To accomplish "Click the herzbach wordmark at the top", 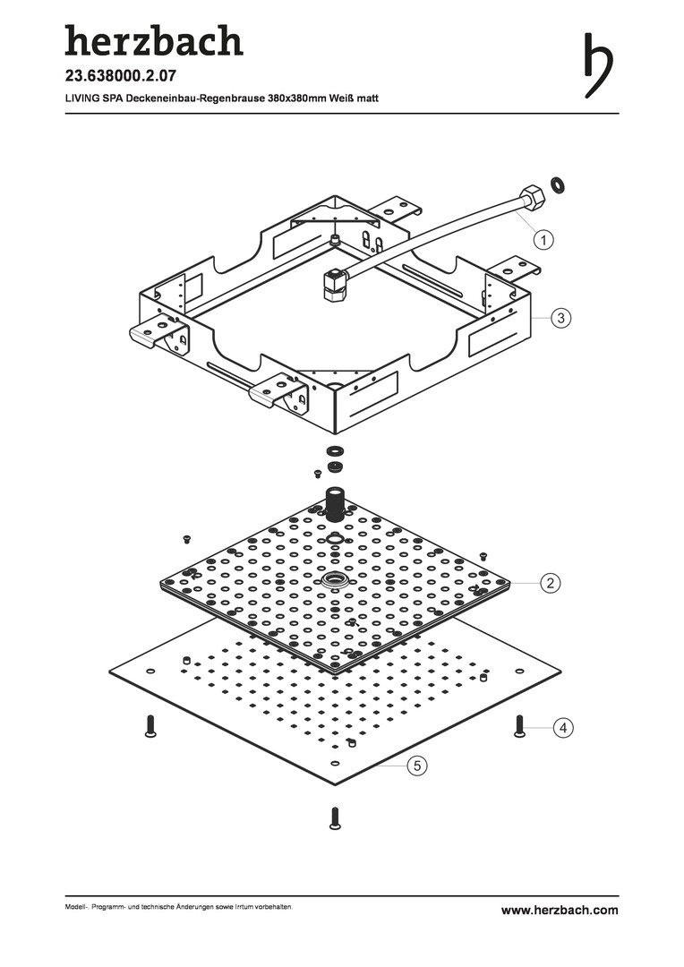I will coord(153,40).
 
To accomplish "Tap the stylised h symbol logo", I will coord(599,64).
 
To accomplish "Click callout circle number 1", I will coord(543,238).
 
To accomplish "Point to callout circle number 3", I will coord(560,317).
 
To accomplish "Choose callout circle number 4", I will coord(562,729).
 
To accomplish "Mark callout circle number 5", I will coord(415,765).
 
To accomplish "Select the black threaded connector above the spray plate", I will coord(337,503).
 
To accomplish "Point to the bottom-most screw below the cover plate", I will coord(335,817).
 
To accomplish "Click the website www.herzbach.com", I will coord(560,910).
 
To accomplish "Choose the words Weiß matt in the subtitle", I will coord(354,97).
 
